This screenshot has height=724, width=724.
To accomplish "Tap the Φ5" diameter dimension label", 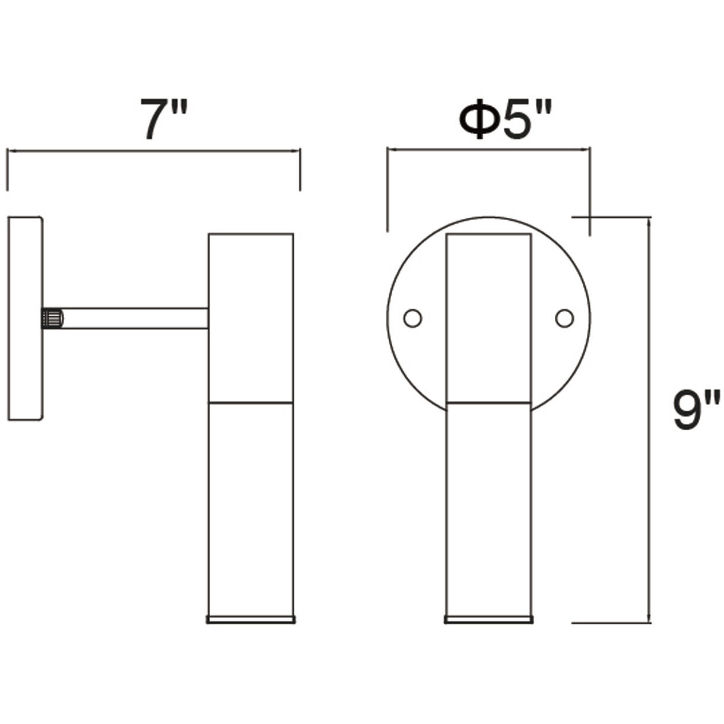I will tap(506, 120).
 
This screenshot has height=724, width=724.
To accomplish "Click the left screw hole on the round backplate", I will tap(412, 319).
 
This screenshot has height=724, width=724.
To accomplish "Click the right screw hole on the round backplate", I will tap(564, 319).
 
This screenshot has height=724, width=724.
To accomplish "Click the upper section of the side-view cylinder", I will tap(251, 317).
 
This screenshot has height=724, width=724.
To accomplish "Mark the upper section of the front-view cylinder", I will tap(488, 317).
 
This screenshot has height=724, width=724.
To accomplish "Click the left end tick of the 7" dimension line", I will tap(7, 170).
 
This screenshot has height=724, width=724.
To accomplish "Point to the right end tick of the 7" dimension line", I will tap(300, 170).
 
